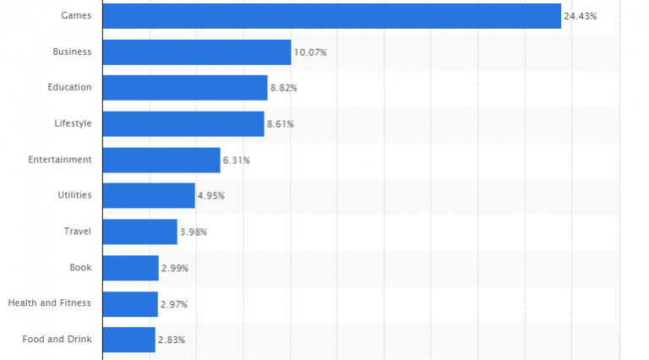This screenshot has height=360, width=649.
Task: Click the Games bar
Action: [x=331, y=16]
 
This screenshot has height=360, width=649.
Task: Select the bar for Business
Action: [x=197, y=52]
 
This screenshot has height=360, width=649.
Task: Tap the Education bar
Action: [x=185, y=88]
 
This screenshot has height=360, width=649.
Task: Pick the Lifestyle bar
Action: [x=183, y=124]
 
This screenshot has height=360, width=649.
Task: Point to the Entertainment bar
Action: [x=161, y=160]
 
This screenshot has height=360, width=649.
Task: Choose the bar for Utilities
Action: [x=149, y=195]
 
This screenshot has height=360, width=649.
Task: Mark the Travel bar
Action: [x=139, y=232]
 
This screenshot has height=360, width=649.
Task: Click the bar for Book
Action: [x=130, y=268]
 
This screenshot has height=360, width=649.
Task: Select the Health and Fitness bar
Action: [x=130, y=303]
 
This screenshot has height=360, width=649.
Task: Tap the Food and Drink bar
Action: [x=128, y=340]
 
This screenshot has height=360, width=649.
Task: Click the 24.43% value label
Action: [x=580, y=16]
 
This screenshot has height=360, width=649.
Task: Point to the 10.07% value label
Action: [x=310, y=52]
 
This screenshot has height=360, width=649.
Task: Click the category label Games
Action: [x=77, y=16]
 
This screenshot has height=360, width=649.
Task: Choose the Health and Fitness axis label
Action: [x=50, y=303]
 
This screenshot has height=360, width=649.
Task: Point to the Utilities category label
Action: [x=74, y=195]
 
